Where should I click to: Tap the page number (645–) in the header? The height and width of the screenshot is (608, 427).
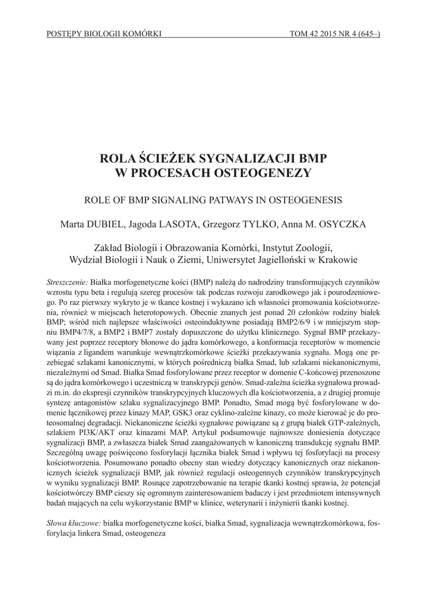click(x=368, y=34)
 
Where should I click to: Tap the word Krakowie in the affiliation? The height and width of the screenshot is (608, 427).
click(x=340, y=259)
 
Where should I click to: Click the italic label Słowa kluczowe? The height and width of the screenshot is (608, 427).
click(x=74, y=522)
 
